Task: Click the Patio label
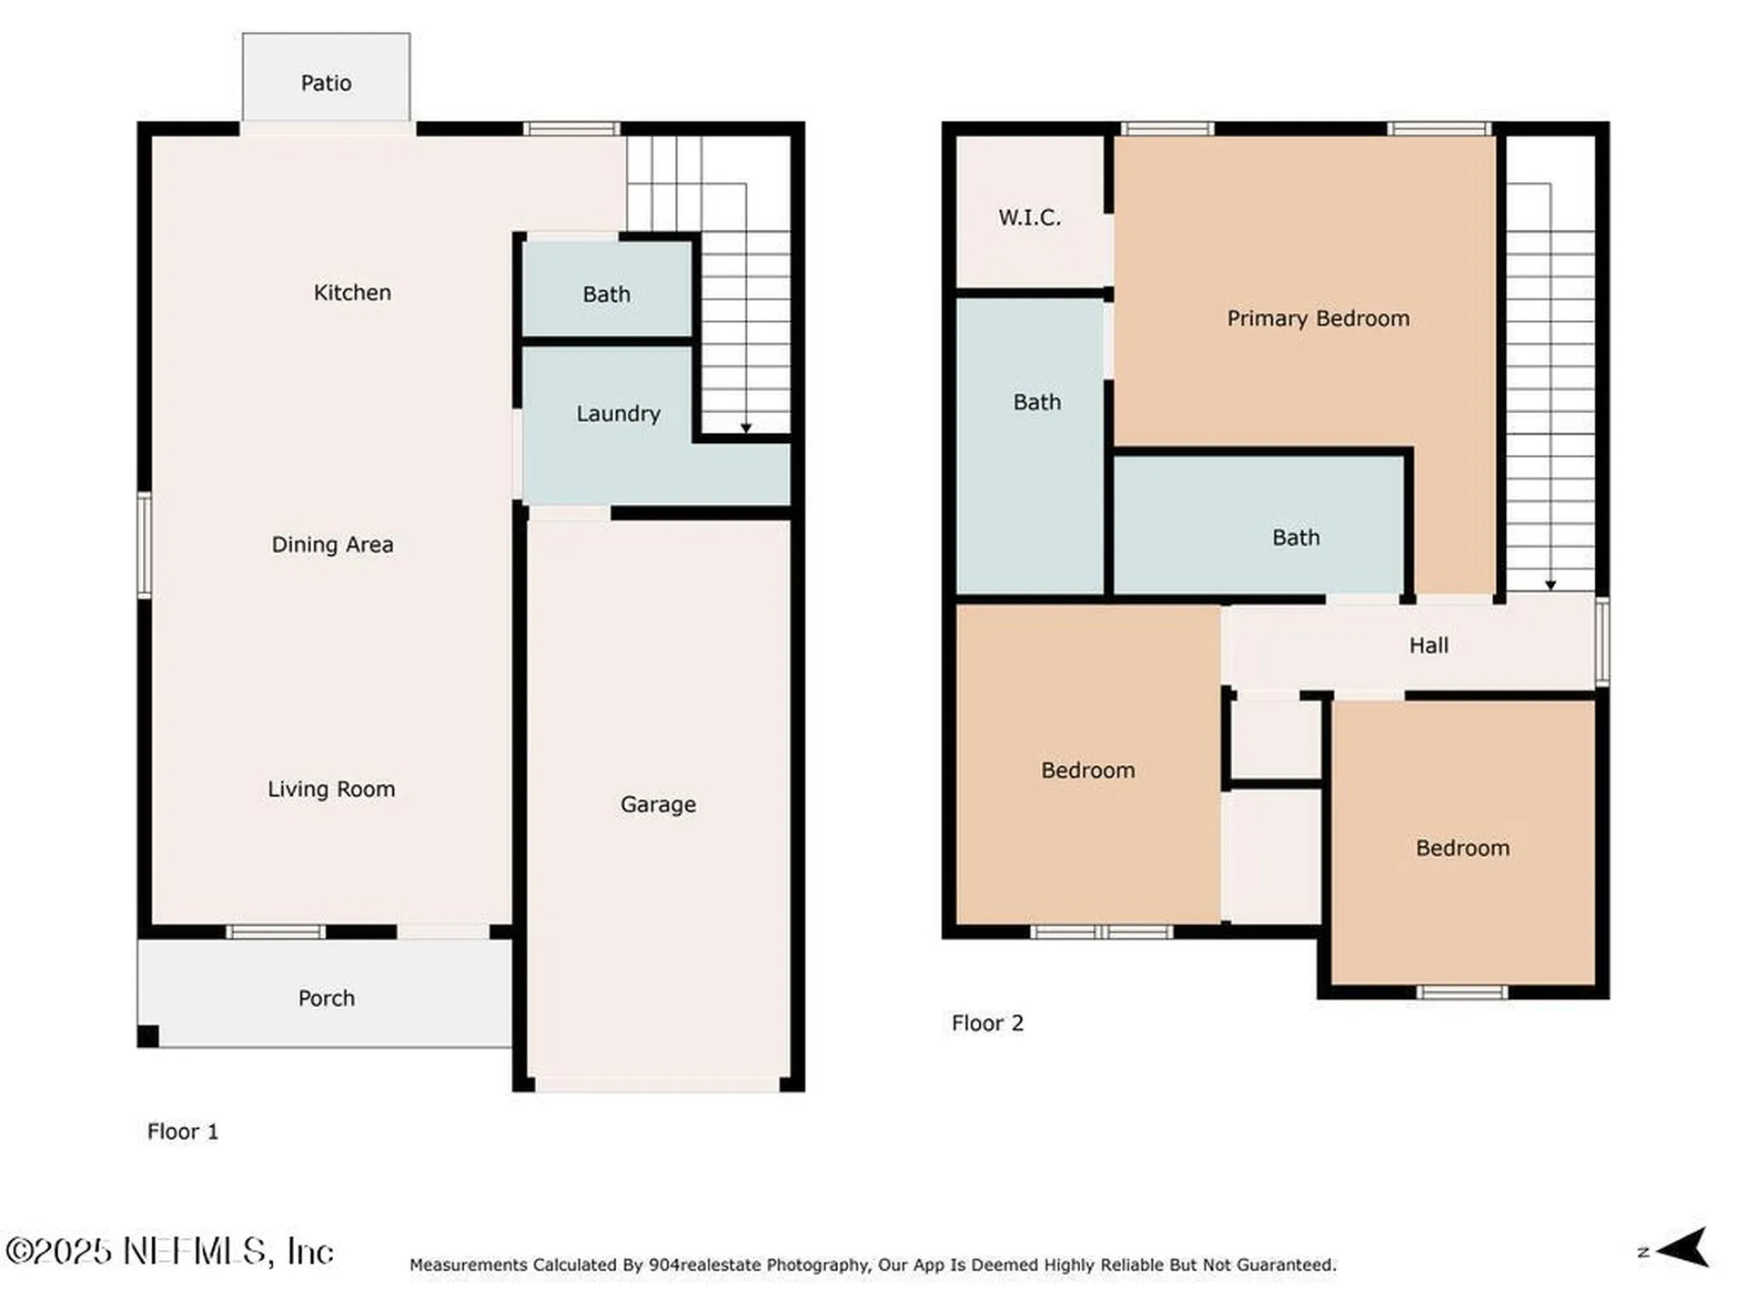tap(326, 83)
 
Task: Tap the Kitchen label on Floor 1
tap(352, 293)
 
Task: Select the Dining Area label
tap(332, 545)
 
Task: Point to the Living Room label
tap(331, 790)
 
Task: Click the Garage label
tap(658, 805)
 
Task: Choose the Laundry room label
tap(618, 414)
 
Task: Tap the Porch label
tap(326, 998)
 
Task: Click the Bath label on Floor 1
tap(606, 295)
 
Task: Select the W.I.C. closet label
tap(1029, 217)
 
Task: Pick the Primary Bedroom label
tap(1318, 318)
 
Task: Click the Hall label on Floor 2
tap(1429, 646)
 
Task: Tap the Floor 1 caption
tap(183, 1132)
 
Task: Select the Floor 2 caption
tap(987, 1023)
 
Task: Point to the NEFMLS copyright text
tap(169, 1252)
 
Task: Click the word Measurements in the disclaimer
tap(468, 1265)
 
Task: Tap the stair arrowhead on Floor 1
tap(746, 428)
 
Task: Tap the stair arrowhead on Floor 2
tap(1550, 585)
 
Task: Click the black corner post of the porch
tap(148, 1036)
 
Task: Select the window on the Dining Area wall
tap(145, 545)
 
